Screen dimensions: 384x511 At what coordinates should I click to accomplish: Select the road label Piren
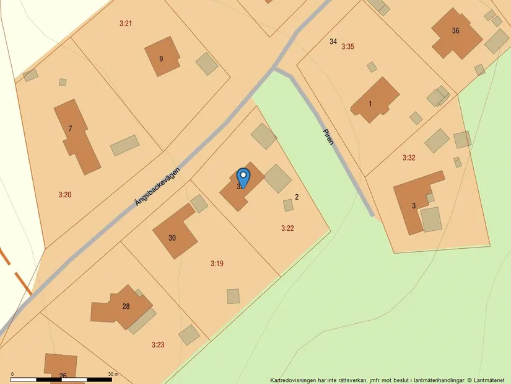pos(328,136)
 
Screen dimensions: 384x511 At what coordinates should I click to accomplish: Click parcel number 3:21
pos(126,24)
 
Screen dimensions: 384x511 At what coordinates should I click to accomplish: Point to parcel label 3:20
pos(65,195)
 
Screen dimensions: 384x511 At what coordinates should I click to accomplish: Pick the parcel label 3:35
pos(347,47)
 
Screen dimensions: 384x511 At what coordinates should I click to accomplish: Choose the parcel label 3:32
pos(409,158)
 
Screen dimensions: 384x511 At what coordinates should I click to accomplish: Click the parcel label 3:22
pos(287,228)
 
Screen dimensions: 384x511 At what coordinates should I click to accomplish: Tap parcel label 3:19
pos(217,264)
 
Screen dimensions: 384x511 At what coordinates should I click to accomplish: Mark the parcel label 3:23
pos(158,344)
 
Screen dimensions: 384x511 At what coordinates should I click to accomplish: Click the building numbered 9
pos(162,57)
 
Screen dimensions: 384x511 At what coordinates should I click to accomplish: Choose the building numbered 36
pos(456,32)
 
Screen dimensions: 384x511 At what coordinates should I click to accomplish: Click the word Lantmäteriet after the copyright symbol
pos(489,380)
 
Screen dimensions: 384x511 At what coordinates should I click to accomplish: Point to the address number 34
pos(333,42)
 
